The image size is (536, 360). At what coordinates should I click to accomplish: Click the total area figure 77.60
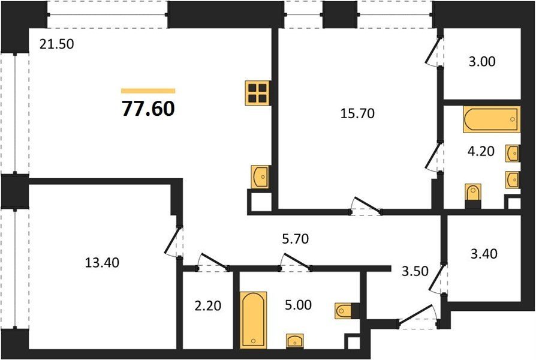click(x=148, y=109)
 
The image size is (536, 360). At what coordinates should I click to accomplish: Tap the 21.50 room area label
click(x=56, y=44)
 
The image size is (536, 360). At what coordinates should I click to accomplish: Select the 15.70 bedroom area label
click(x=357, y=113)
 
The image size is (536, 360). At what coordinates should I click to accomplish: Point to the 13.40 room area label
click(x=102, y=262)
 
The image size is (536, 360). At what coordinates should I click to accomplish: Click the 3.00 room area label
click(x=482, y=62)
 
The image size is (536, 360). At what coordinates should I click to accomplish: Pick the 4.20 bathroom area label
click(x=481, y=151)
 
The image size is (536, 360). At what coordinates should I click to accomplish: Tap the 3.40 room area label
click(x=484, y=254)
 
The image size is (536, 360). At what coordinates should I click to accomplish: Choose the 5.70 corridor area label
click(x=296, y=239)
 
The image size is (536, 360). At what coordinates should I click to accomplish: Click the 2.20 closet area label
click(x=208, y=305)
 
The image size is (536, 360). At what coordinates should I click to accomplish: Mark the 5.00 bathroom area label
click(x=299, y=305)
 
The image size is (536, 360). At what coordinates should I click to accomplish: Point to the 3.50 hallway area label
click(x=415, y=271)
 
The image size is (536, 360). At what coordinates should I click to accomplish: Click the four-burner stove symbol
click(x=257, y=93)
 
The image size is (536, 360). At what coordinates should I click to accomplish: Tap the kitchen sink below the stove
click(x=260, y=176)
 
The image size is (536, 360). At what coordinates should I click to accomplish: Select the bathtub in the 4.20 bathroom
click(x=492, y=119)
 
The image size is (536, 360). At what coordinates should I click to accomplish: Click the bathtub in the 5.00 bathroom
click(x=253, y=320)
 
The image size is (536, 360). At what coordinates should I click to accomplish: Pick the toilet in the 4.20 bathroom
click(x=473, y=193)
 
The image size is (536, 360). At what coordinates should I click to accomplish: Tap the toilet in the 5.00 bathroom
click(x=345, y=311)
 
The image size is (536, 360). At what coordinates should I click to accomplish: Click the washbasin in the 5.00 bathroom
click(x=295, y=340)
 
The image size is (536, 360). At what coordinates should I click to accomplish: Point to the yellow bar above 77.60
click(x=148, y=91)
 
